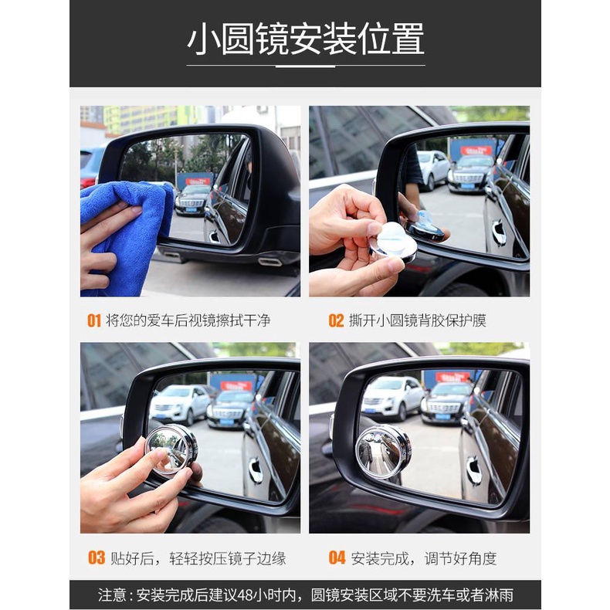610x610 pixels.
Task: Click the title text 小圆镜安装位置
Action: (306, 39)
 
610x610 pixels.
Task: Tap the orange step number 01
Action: (93, 321)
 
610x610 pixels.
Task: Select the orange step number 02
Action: (336, 321)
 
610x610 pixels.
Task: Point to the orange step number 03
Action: (97, 557)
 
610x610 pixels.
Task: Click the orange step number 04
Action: (337, 557)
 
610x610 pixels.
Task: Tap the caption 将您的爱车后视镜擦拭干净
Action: (188, 321)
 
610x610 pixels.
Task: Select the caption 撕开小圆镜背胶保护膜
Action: (418, 321)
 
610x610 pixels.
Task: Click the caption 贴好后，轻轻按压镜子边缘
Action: (198, 558)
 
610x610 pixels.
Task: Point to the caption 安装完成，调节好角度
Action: (424, 558)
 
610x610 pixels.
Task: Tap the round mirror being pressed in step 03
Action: (171, 449)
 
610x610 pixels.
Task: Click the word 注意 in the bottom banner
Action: (112, 595)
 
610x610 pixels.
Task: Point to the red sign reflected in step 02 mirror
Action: (476, 150)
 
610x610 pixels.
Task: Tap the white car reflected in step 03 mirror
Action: (180, 405)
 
